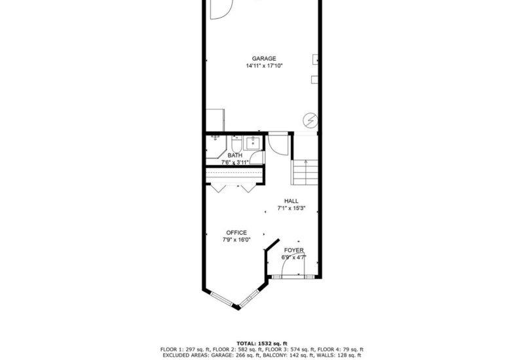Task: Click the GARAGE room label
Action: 264,58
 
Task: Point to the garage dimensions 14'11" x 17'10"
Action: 264,65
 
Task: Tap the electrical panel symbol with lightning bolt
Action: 310,120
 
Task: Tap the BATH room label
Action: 234,155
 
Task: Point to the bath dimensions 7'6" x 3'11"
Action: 234,162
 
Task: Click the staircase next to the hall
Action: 305,171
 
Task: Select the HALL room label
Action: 291,201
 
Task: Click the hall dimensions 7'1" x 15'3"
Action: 291,208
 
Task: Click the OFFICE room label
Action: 236,232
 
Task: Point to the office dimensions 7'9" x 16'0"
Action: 236,240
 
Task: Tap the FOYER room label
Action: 293,251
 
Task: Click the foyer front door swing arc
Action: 288,268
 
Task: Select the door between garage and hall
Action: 278,143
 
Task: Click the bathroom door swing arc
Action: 257,157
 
